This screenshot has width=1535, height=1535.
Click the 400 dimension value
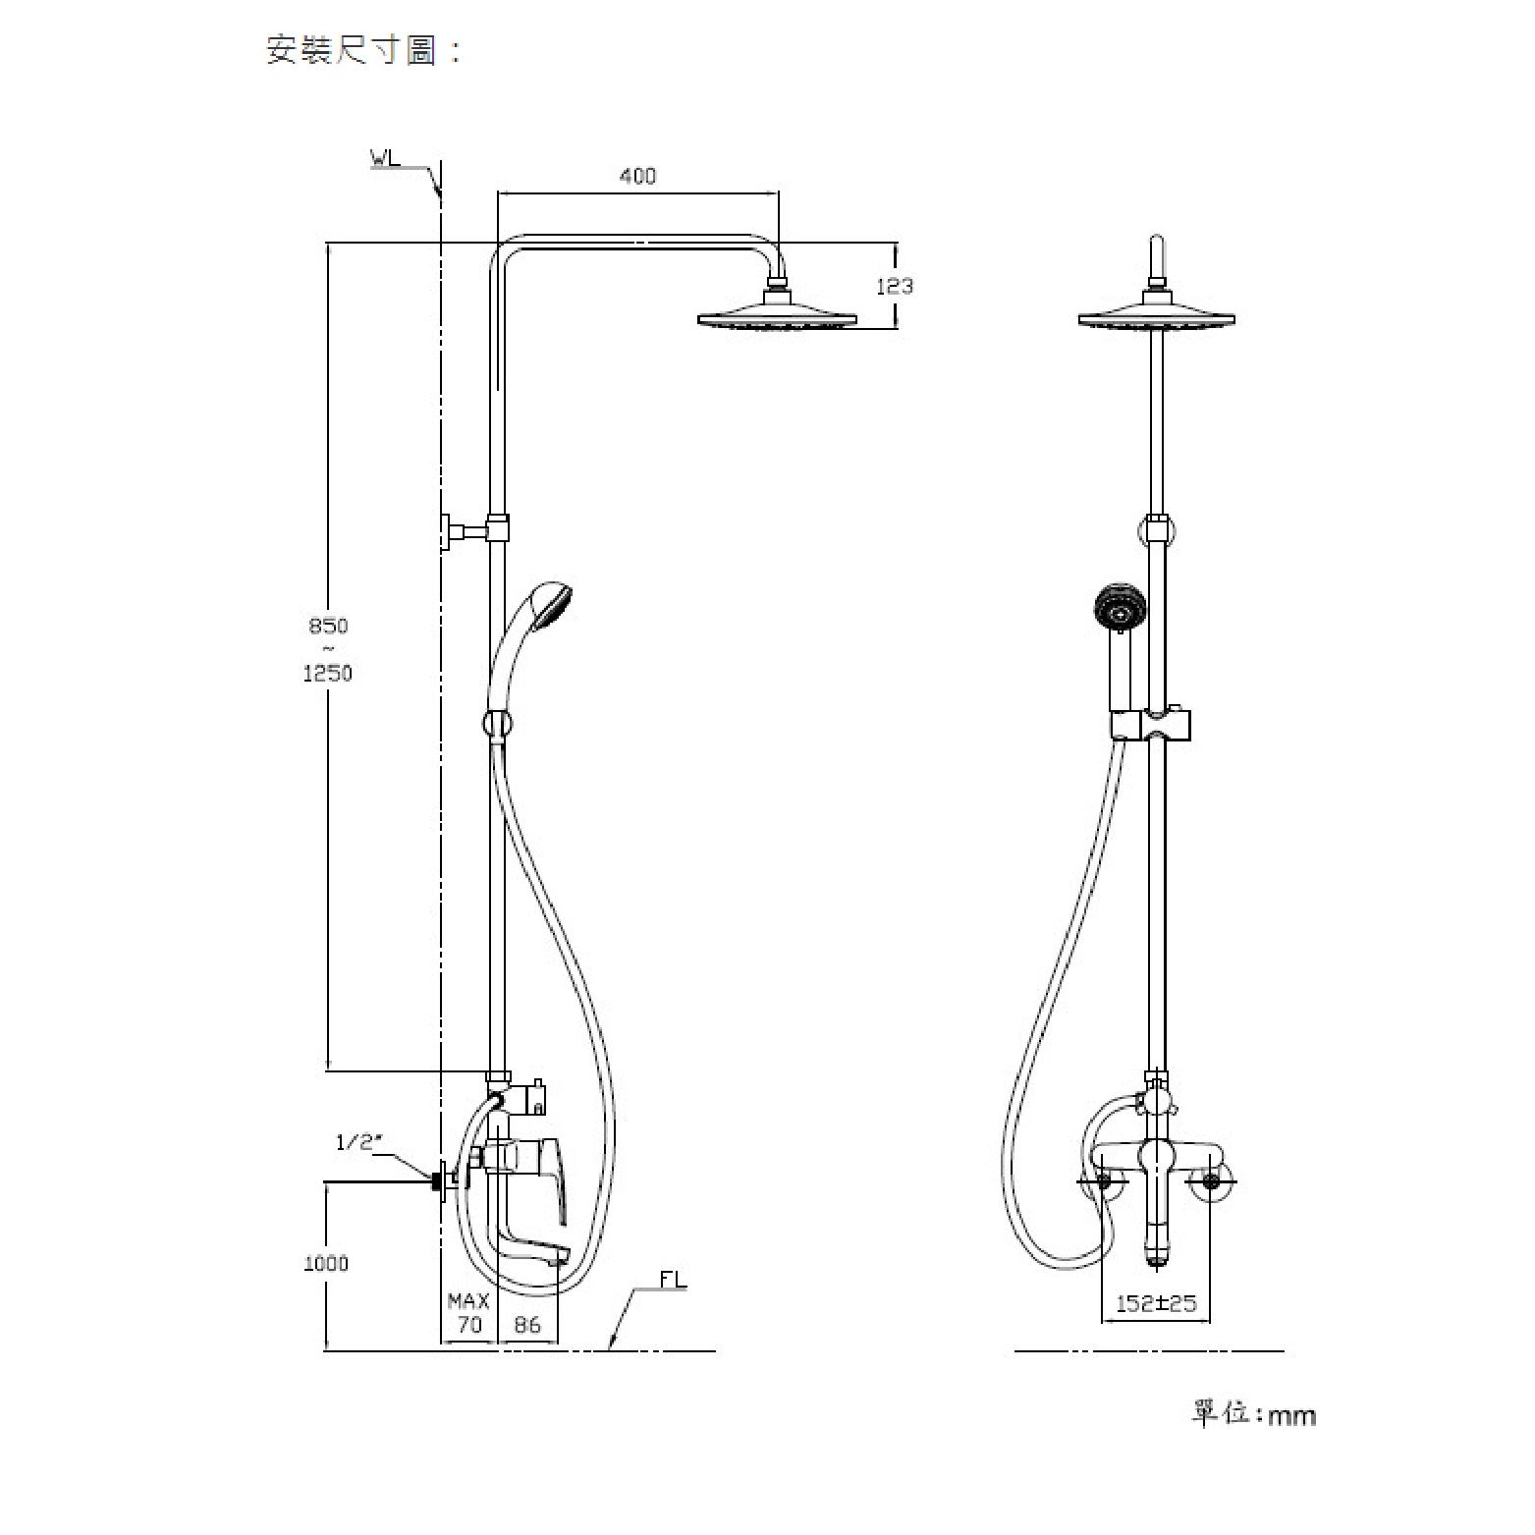637,177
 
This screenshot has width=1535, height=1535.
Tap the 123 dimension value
895,286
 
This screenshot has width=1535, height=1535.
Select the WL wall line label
386,157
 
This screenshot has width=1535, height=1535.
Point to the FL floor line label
673,1280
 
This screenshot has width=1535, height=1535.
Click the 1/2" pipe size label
358,1142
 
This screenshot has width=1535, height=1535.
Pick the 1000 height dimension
326,1263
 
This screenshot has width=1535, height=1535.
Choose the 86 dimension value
527,1325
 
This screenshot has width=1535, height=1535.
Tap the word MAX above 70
468,1301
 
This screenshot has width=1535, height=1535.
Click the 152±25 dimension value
1156,1304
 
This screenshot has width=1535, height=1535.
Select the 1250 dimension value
328,674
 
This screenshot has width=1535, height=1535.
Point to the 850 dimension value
328,626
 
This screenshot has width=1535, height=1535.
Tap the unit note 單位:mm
1254,1413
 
